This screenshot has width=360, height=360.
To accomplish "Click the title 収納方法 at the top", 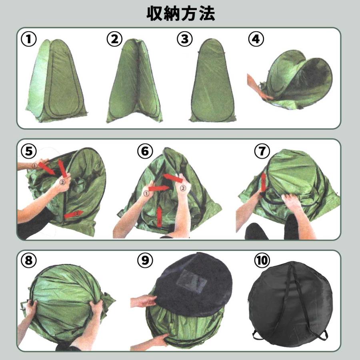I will (180, 13).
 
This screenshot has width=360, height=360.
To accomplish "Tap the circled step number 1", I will (29, 39).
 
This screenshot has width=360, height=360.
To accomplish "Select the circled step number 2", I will (114, 39).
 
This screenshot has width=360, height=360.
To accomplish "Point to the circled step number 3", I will (184, 39).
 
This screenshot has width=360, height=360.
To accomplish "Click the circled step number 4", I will (256, 39).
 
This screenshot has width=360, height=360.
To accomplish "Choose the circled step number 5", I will (29, 151).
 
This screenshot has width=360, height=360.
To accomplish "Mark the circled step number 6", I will (145, 151).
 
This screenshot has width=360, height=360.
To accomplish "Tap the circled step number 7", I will (262, 151).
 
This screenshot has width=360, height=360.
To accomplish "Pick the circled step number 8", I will (29, 260).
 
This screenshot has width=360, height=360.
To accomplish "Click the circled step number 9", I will (145, 260).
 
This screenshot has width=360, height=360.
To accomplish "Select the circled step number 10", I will (262, 260).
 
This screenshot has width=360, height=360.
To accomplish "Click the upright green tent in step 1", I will (56, 82).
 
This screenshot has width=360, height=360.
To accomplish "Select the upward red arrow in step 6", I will (160, 216).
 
